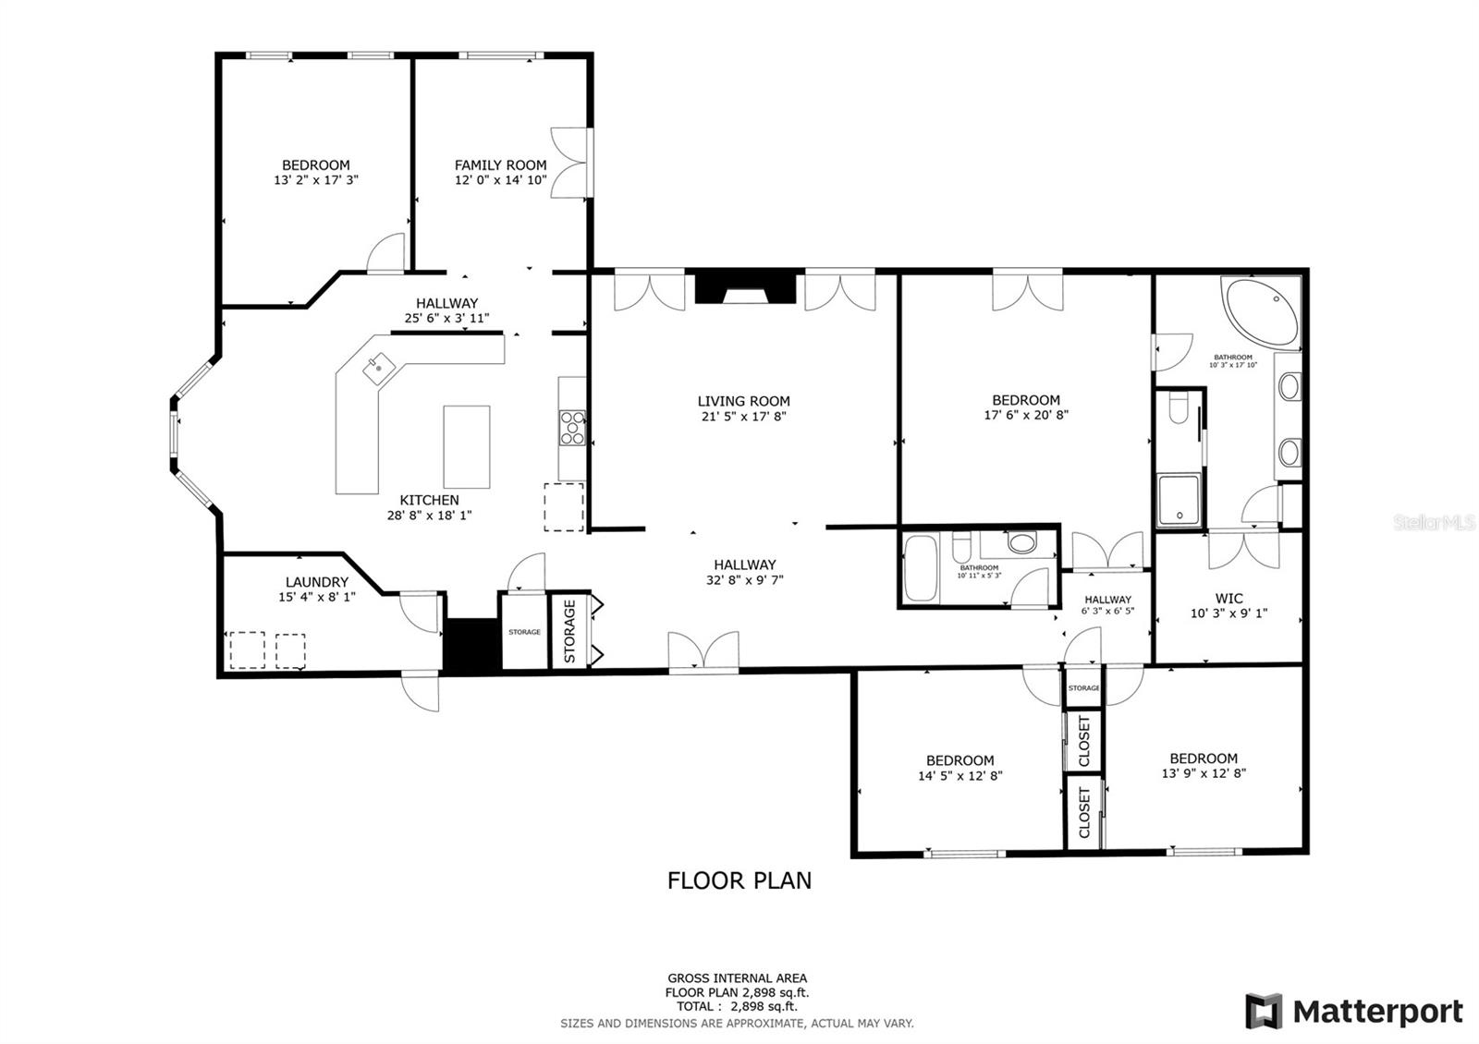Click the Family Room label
click(500, 165)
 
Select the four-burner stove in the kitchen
click(572, 429)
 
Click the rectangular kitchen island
click(466, 446)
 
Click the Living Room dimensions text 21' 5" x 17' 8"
click(743, 417)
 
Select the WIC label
click(1228, 598)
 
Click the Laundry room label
click(316, 582)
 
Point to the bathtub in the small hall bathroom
click(921, 569)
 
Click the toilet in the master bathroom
click(1178, 407)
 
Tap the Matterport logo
click(1353, 1012)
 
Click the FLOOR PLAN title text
click(739, 880)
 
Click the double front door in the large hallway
click(703, 652)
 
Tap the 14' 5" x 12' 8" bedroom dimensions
click(960, 776)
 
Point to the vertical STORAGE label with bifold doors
click(570, 631)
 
